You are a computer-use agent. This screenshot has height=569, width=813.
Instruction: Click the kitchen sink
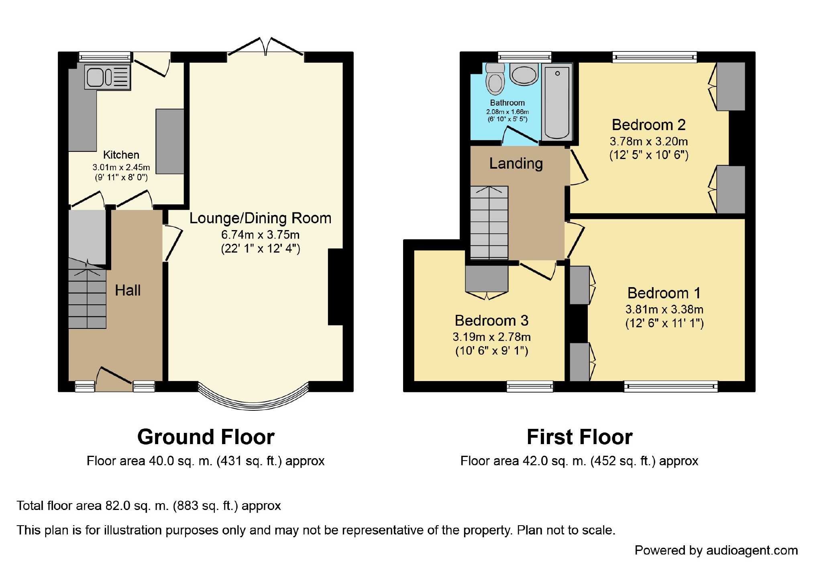(107, 77)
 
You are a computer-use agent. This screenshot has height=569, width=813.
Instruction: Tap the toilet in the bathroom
(495, 80)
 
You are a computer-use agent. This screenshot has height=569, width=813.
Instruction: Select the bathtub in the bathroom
(557, 102)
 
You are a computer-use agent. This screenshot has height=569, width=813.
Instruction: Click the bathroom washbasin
(524, 75)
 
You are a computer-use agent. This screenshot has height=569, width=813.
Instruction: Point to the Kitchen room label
(121, 155)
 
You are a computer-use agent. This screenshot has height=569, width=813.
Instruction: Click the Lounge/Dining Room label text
(260, 218)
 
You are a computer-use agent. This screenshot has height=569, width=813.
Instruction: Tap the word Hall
(128, 290)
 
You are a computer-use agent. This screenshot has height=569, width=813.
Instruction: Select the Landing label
(516, 163)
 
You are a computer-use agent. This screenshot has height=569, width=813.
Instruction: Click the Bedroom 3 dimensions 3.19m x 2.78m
(491, 337)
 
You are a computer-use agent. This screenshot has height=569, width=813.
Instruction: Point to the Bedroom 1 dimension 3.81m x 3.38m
(664, 309)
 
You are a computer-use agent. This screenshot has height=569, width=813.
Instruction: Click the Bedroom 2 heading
(648, 125)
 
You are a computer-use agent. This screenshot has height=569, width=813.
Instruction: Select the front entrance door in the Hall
(114, 379)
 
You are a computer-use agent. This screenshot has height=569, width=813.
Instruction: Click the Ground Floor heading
(206, 437)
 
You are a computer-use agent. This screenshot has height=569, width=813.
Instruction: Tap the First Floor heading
(579, 437)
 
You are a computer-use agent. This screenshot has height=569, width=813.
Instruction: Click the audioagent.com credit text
(716, 550)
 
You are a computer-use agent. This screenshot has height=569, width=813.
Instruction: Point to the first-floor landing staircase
(489, 223)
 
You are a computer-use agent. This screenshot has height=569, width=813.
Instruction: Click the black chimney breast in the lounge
(336, 287)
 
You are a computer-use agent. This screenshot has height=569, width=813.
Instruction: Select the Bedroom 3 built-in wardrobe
(487, 279)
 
